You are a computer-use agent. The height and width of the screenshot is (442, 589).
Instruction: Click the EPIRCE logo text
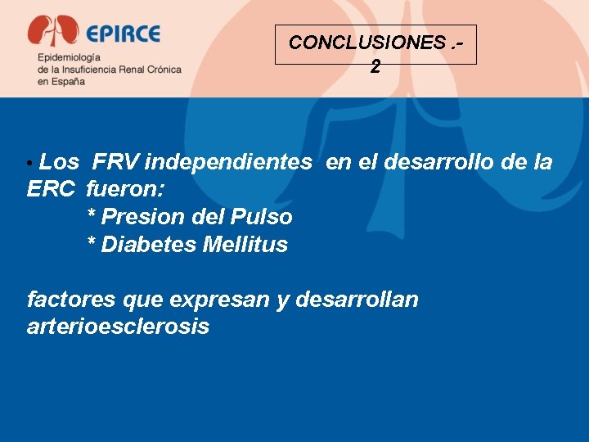click(x=123, y=34)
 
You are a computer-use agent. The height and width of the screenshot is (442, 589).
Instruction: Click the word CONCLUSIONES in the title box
click(x=366, y=43)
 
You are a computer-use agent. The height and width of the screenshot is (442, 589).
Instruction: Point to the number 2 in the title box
click(x=375, y=67)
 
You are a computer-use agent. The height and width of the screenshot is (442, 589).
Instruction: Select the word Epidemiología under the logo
click(x=69, y=58)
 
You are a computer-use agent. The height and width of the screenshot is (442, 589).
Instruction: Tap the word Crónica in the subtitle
click(x=160, y=70)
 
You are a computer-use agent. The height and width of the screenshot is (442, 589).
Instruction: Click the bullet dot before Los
click(x=30, y=164)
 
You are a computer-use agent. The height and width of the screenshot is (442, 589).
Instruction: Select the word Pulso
click(x=262, y=217)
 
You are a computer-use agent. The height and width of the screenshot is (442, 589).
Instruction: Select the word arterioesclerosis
click(x=118, y=327)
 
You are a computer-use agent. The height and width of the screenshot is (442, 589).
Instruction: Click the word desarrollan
click(x=357, y=300)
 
